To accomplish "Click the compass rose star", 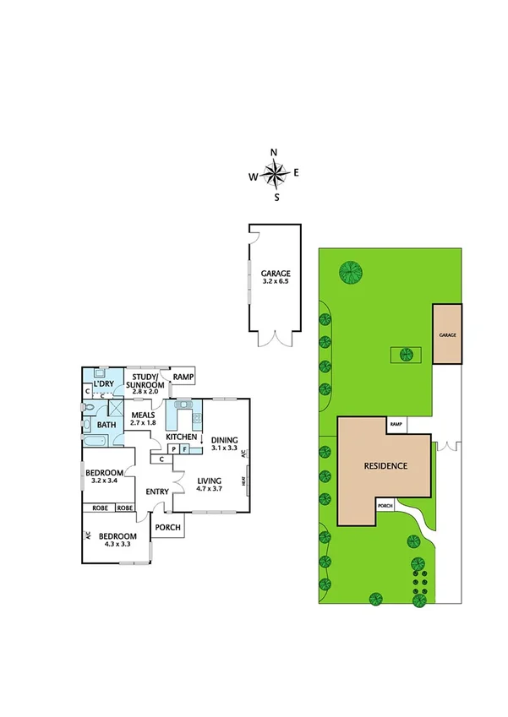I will (275, 175).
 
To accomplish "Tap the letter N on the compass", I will (274, 153).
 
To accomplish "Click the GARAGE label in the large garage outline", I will (276, 274).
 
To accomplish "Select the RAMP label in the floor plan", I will (183, 378).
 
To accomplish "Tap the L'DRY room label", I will (104, 384).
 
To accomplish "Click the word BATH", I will (107, 424).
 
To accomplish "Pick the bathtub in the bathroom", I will (104, 443).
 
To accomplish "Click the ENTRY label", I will (157, 492).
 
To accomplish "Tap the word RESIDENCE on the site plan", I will (385, 465).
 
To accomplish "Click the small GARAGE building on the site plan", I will (447, 334).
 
